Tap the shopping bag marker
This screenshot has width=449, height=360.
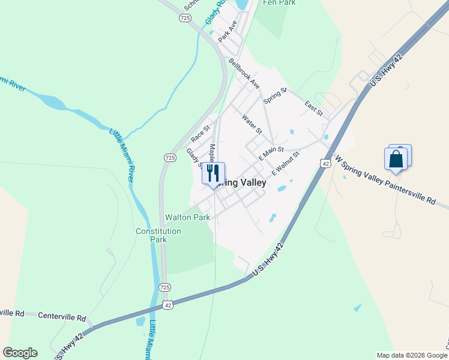coord(396,159)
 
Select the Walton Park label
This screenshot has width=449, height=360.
coord(188,217)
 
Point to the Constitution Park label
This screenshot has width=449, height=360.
coord(158,235)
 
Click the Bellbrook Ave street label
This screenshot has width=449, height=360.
coord(244,74)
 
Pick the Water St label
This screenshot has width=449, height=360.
coord(253,123)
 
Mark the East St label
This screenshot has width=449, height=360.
coord(314,108)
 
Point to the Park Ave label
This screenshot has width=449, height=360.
coord(228,31)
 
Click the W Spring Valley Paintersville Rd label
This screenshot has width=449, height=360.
coord(385,182)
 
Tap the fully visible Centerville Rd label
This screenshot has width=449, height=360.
coord(62,316)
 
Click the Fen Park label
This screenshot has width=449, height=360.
coord(280,3)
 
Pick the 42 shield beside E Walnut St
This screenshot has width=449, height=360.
coord(325,163)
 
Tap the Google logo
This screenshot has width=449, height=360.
coord(20,353)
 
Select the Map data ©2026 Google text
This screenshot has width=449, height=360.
coord(411,355)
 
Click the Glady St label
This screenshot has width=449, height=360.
coord(193,157)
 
